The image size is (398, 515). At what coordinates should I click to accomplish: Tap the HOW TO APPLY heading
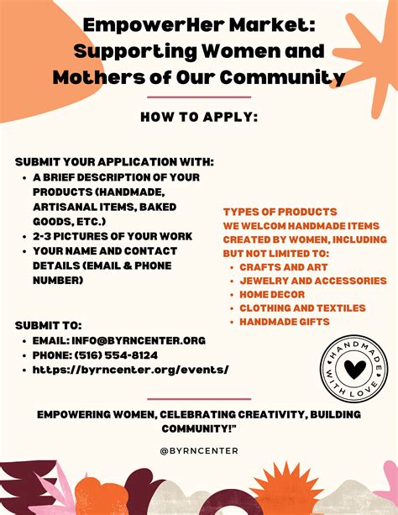(x=198, y=117)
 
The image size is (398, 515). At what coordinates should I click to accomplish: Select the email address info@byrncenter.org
(x=131, y=340)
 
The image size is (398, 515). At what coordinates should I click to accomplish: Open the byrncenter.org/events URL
(x=130, y=369)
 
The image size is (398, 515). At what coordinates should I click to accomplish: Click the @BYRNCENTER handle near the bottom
(x=199, y=450)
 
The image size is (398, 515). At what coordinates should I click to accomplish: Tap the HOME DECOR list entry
(x=272, y=294)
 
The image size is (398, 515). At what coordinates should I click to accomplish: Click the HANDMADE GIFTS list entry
(x=284, y=322)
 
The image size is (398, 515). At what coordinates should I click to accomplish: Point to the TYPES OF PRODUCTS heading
(x=280, y=212)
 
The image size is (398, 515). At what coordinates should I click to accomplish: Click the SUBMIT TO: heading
(x=49, y=325)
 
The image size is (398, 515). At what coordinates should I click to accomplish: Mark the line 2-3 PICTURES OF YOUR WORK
(x=113, y=236)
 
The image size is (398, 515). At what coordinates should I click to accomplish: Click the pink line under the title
(x=198, y=97)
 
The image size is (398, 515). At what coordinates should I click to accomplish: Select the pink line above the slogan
(x=198, y=399)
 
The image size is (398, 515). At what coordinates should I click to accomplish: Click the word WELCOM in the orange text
(x=268, y=225)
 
